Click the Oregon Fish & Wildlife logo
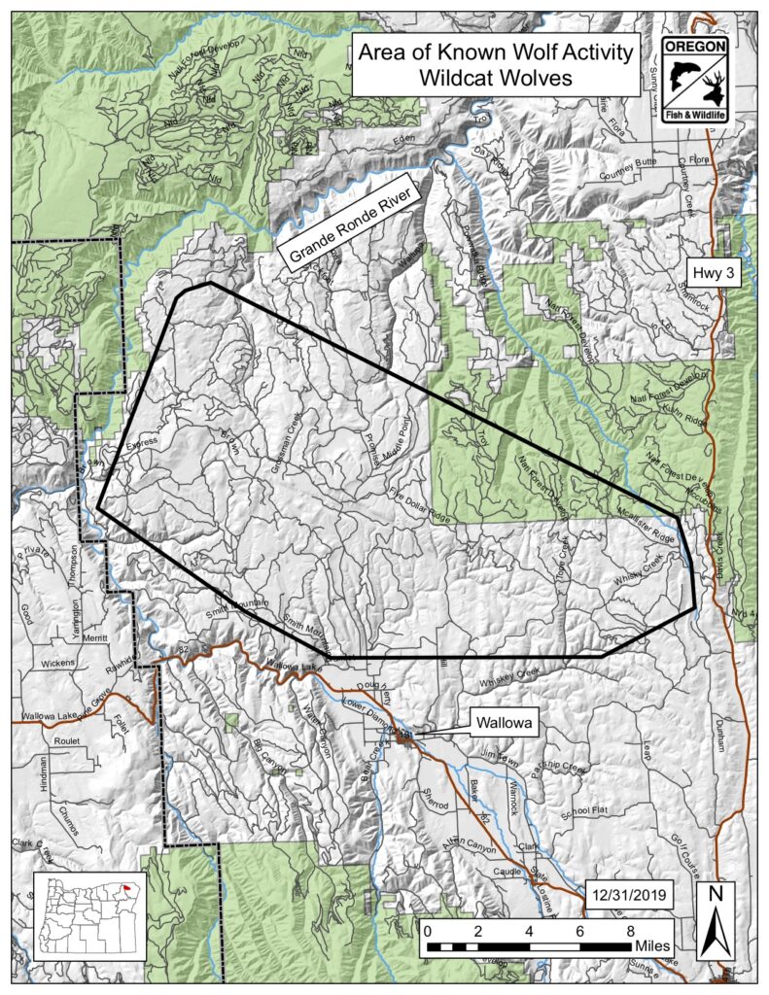coord(694,82)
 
